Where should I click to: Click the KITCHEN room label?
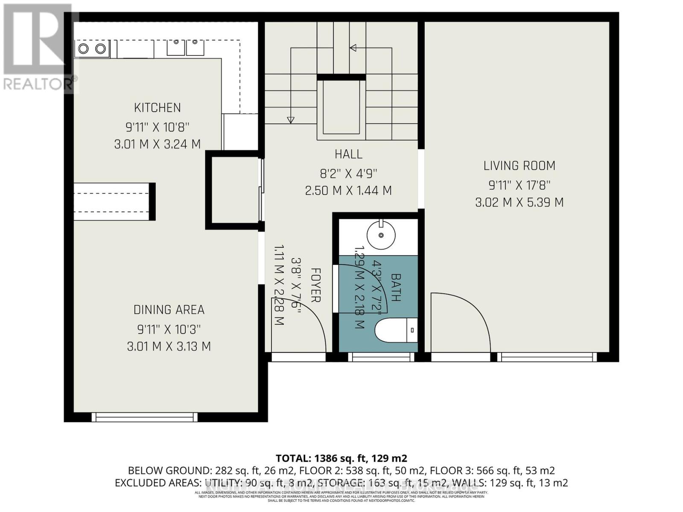pos(157,108)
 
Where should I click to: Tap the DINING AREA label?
pos(169,310)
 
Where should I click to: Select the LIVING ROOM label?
pos(519,166)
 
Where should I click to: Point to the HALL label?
pos(348,154)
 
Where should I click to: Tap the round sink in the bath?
pos(381,235)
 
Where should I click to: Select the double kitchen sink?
pos(185,48)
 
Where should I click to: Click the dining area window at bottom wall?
pos(145,416)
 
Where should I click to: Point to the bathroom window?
pos(381,357)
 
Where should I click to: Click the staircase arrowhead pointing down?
pos(291,120)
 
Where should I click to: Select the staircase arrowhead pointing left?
pos(353,48)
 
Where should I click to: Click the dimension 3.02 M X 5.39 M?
pos(519,202)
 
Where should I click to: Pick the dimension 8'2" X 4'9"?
pos(348,174)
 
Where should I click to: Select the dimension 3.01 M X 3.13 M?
pos(169,346)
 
